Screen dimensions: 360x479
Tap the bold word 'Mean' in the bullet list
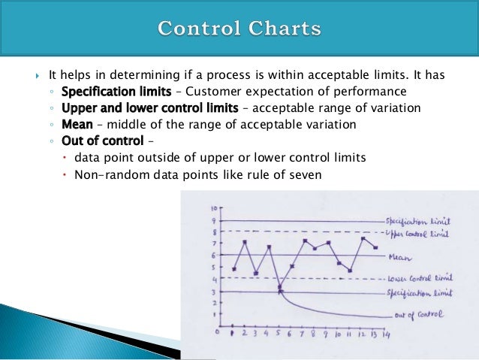[x=76, y=124]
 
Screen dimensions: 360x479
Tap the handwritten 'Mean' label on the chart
[x=399, y=256]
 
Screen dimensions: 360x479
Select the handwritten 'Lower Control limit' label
[x=420, y=279]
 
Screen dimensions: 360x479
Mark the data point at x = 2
[x=246, y=242]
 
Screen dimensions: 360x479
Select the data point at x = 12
[x=363, y=239]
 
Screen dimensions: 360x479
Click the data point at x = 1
[x=234, y=269]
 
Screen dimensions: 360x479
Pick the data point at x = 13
[x=375, y=247]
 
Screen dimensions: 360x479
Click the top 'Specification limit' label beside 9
[x=418, y=222]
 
